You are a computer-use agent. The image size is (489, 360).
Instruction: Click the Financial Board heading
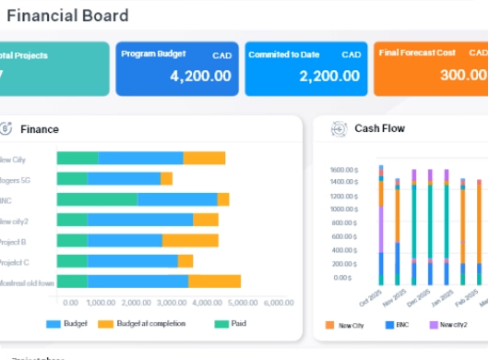[67, 16]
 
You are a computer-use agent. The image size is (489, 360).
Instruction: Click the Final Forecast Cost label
[418, 54]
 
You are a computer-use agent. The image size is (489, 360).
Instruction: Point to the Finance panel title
[40, 128]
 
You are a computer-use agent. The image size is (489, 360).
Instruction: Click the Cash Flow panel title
[379, 128]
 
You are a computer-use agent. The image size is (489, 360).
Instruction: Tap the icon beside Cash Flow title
[339, 129]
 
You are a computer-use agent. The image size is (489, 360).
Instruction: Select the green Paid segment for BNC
[97, 199]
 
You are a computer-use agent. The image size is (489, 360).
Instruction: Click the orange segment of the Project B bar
[190, 240]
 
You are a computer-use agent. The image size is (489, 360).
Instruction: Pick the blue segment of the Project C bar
[133, 261]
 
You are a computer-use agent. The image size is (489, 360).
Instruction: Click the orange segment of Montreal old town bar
[214, 282]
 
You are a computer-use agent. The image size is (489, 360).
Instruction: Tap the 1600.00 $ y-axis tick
[344, 170]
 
